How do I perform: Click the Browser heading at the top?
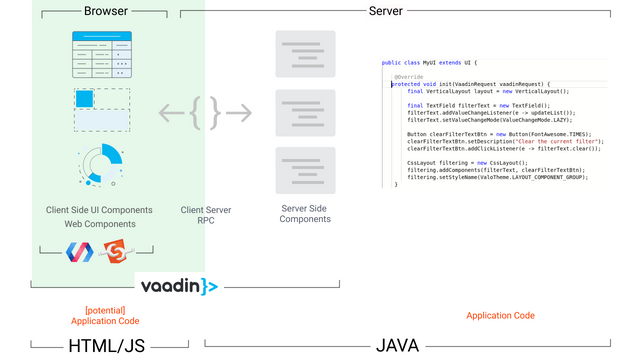click(105, 12)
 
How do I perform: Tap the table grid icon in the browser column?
click(100, 55)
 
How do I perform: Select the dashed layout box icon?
click(100, 110)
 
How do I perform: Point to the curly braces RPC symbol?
click(205, 113)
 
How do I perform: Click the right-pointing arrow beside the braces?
click(238, 113)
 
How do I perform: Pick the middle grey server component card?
click(305, 112)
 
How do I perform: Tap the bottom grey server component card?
click(305, 170)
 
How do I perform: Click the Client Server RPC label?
click(206, 216)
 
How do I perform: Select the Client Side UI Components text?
click(99, 210)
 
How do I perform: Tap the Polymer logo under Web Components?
click(78, 253)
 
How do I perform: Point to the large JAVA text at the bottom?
click(397, 346)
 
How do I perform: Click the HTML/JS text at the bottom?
click(107, 346)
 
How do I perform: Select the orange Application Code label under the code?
click(500, 315)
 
